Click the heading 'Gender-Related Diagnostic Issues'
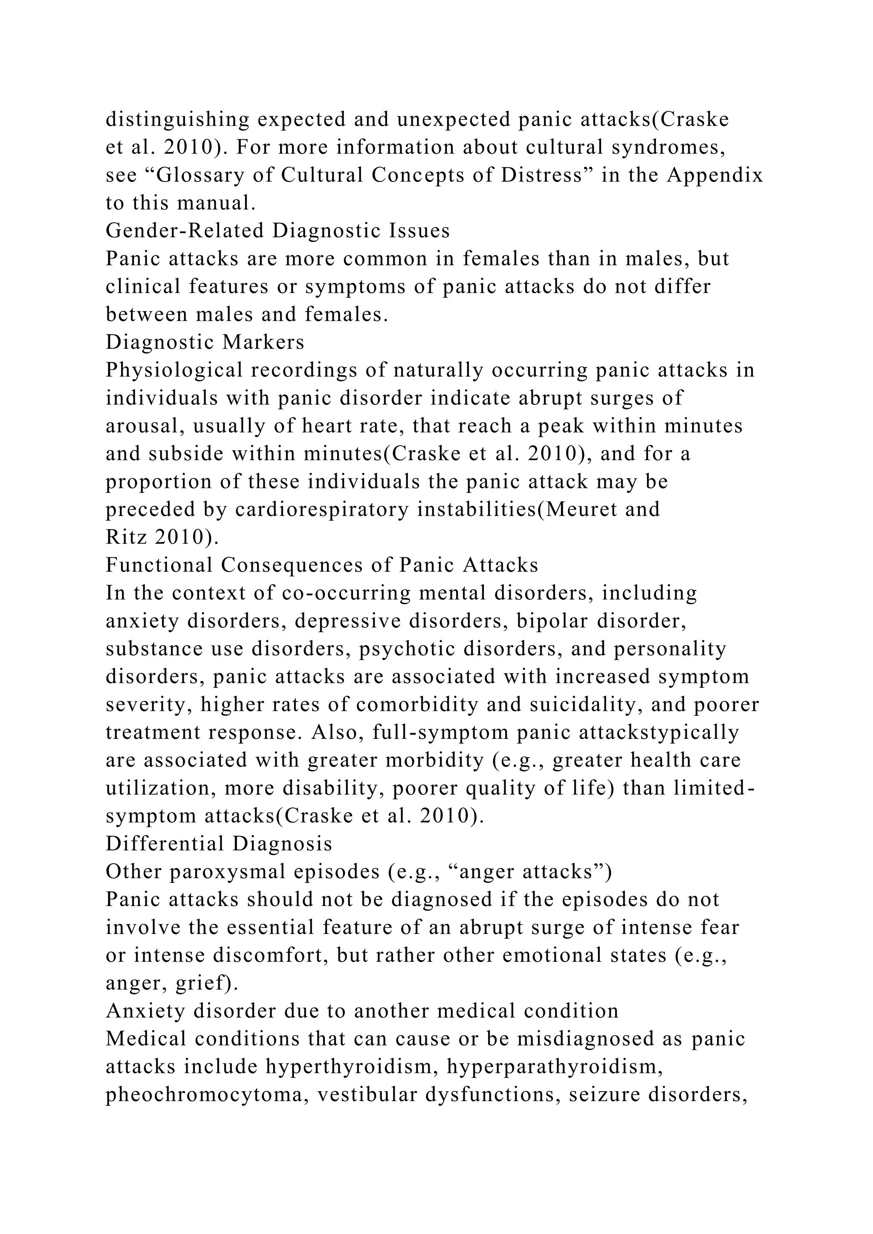tap(278, 231)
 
